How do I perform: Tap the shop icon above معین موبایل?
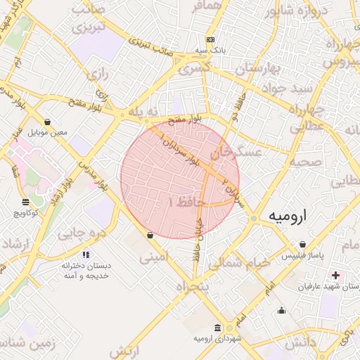click(47, 122)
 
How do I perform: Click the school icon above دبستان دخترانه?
click(86, 254)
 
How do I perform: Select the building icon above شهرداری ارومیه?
click(217, 328)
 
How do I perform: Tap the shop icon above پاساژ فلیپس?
click(302, 244)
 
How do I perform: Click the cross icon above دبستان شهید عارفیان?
click(335, 275)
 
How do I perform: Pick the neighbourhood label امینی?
click(155, 258)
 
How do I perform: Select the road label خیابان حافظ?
click(198, 243)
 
